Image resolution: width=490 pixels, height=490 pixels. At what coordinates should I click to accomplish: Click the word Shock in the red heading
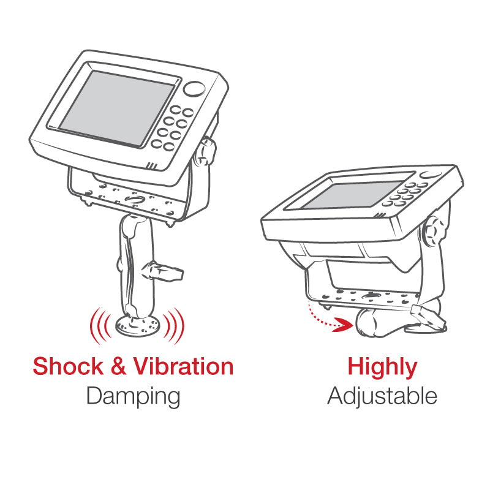coord(68,366)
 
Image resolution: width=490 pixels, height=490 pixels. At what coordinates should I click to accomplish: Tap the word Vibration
coord(183,366)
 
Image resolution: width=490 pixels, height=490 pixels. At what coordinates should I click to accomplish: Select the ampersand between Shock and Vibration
coord(118,366)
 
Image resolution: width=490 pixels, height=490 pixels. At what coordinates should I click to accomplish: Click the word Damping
coord(133,396)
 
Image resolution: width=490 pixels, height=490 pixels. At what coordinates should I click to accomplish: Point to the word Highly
coord(382,367)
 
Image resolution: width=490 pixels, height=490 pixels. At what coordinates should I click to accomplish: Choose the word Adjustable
coord(382,396)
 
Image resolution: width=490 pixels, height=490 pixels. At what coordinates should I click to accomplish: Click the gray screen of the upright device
coord(117,108)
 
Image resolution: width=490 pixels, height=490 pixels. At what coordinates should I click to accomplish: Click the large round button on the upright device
coord(194,89)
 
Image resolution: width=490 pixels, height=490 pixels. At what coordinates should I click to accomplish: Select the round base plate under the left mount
coord(137,326)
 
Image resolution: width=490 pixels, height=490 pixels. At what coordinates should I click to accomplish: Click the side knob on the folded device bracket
coord(434,232)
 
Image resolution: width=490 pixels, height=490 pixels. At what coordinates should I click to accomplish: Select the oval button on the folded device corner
coord(431,175)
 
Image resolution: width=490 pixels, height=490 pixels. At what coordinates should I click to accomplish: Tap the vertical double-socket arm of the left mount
coord(136,266)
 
